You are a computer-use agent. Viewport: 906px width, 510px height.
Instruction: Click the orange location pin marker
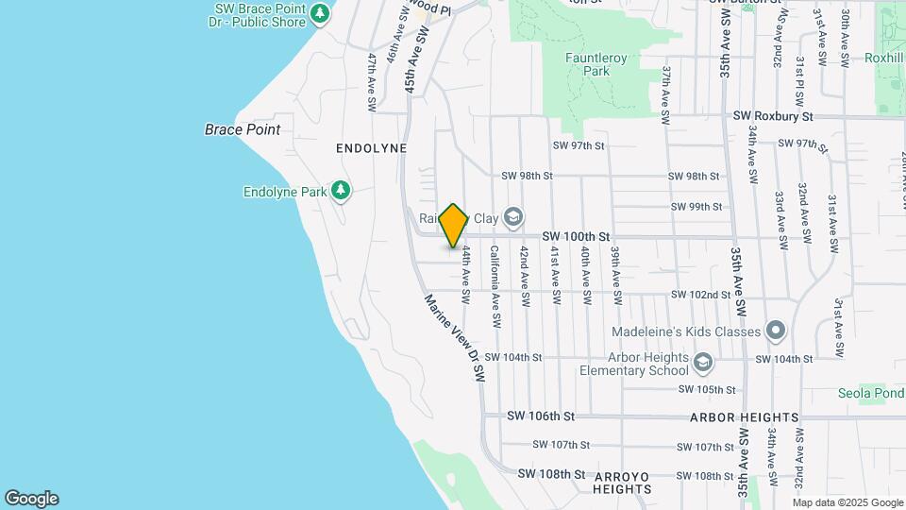tap(454, 226)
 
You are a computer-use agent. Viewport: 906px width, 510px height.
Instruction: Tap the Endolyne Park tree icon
tap(341, 192)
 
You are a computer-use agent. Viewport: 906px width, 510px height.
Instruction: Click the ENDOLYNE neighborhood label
tap(371, 149)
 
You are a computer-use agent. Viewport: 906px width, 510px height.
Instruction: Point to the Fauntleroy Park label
tap(596, 64)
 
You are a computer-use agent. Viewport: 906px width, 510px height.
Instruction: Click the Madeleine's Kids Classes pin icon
tap(776, 331)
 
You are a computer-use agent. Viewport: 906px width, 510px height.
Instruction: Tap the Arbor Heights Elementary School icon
tap(703, 363)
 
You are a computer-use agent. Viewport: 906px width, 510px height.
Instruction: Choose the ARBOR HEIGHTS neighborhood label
tap(745, 416)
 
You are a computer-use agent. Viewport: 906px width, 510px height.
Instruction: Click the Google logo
tap(31, 499)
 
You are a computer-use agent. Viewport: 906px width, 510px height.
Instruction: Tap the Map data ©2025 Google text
tap(847, 502)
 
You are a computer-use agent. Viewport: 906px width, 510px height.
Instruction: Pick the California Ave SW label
tap(494, 287)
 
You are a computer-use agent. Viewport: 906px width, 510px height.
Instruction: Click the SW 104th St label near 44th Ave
tap(513, 357)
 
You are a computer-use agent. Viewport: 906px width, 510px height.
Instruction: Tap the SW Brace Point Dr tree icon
tap(321, 13)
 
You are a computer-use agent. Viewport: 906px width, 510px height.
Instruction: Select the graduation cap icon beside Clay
tap(512, 218)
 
